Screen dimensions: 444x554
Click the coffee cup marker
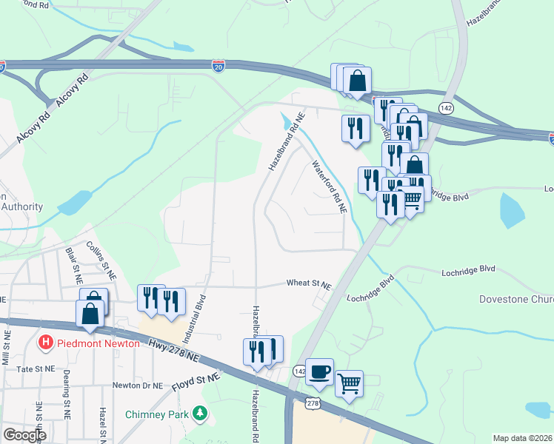coord(319,371)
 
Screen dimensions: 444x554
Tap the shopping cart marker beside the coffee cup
coord(349,383)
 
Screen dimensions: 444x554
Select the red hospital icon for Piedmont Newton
coord(45,343)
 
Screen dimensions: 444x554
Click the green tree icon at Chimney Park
coord(198,413)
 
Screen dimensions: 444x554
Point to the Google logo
coord(24,435)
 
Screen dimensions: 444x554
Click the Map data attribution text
coord(522,438)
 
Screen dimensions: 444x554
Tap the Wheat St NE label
coord(309,283)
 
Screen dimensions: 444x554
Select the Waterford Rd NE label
coord(328,187)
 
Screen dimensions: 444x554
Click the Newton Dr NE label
coord(136,385)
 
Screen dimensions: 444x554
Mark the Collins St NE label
coord(101,259)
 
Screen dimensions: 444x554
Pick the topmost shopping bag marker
coord(357,81)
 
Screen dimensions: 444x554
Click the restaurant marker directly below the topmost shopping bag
coord(356,127)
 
